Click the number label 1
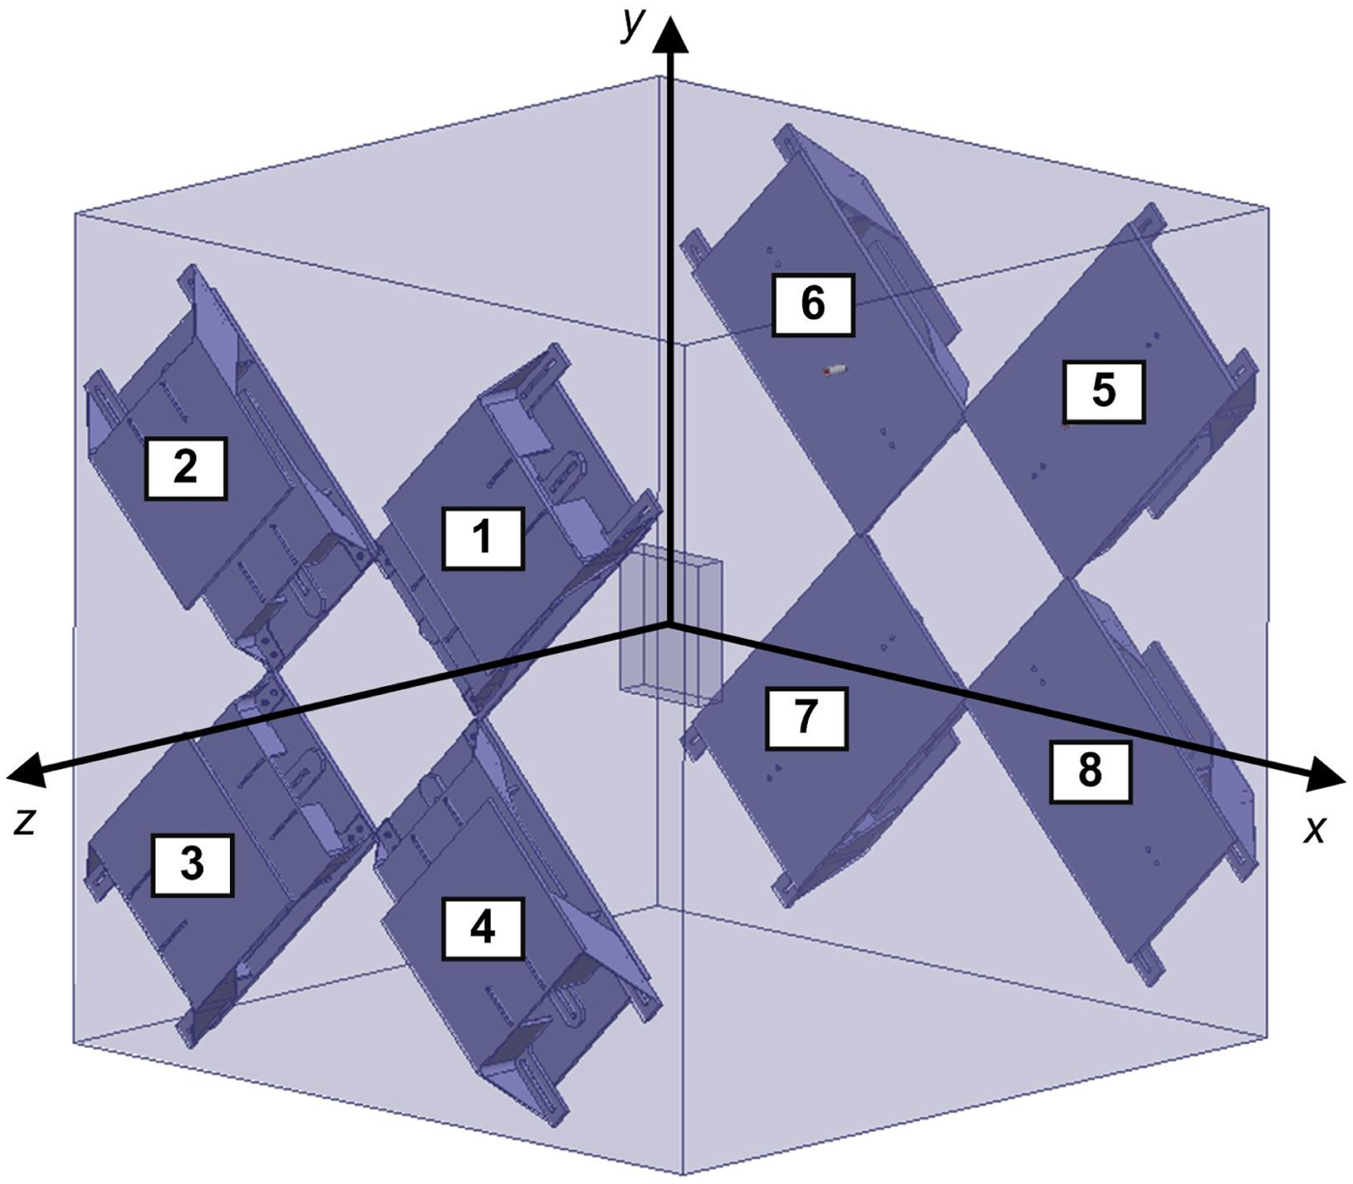(x=482, y=537)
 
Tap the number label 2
(x=186, y=468)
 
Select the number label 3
(x=192, y=863)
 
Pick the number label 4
(x=482, y=929)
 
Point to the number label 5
(x=1103, y=391)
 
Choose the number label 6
(x=813, y=304)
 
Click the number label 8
(x=1089, y=770)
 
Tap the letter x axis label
(x=1313, y=829)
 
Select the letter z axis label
(x=25, y=821)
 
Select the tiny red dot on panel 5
(x=1064, y=424)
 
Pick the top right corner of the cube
(x=1267, y=207)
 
